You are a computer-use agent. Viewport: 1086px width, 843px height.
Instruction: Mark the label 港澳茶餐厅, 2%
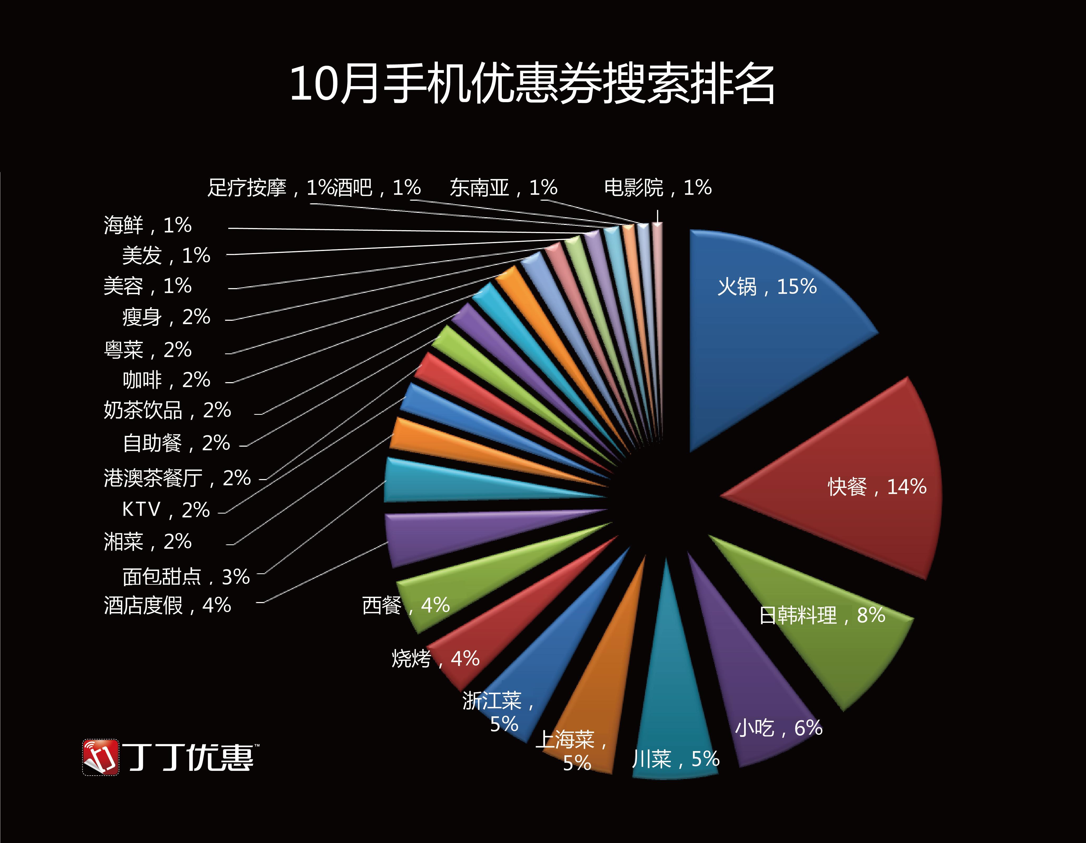[177, 478]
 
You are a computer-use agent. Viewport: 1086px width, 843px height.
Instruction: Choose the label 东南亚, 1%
[503, 188]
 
